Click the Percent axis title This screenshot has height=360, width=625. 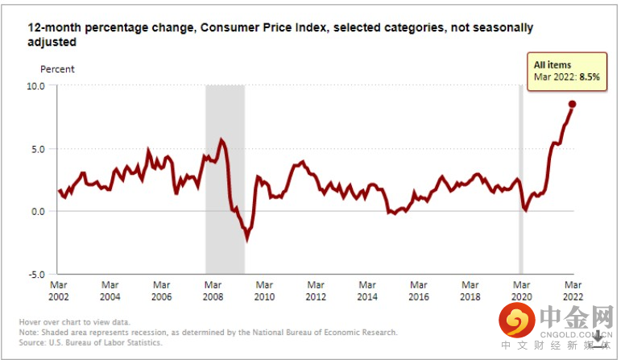click(57, 69)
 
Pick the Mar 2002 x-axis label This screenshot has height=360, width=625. click(58, 290)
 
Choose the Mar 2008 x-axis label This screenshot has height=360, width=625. click(213, 290)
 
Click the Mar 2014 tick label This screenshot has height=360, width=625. click(367, 290)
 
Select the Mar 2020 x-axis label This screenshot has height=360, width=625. click(521, 290)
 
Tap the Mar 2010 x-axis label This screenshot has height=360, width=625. click(264, 290)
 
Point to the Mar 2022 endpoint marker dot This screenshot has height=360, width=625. click(573, 104)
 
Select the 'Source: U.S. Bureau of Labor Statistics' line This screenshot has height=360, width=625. click(90, 342)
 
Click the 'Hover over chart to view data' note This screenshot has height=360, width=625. click(74, 323)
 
